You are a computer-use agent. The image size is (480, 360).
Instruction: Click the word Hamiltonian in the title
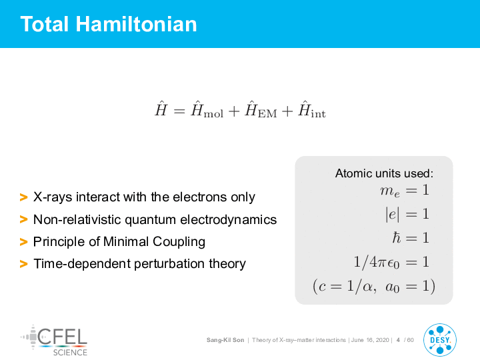136,24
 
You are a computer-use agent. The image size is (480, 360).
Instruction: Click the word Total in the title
45,24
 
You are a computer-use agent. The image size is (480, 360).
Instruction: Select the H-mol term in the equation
207,109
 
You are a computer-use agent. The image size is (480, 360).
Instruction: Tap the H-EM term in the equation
261,109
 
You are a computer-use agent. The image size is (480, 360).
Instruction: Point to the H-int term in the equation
312,109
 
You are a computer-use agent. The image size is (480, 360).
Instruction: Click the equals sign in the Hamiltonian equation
179,111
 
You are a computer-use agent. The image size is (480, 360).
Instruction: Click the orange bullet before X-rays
23,197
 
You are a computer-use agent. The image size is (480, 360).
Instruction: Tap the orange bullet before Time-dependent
23,263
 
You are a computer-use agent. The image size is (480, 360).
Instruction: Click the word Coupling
179,242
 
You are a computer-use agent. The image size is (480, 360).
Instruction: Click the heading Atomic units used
385,173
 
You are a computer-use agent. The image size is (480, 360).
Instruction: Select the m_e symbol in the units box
390,191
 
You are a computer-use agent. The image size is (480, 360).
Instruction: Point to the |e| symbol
393,214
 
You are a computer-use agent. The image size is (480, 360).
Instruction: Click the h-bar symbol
397,237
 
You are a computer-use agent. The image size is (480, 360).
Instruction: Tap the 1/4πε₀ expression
377,263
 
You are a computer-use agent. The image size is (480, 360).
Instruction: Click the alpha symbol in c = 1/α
367,287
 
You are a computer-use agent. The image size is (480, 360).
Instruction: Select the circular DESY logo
440,340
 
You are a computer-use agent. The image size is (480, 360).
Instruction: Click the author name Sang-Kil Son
225,340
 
